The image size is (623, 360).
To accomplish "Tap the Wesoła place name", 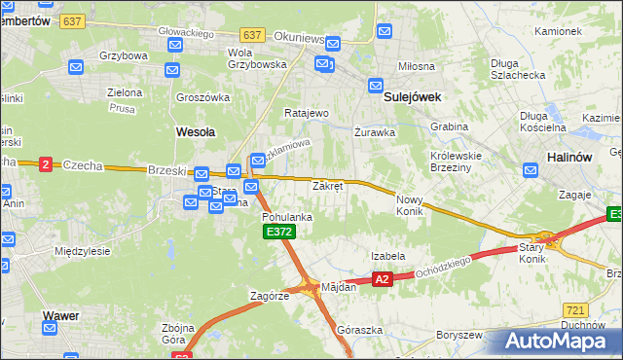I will pyautogui.click(x=195, y=130).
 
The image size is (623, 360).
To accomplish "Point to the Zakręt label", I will pyautogui.click(x=327, y=185).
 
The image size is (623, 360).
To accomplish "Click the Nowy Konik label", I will pyautogui.click(x=410, y=205).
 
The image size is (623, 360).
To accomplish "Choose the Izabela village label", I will pyautogui.click(x=387, y=256).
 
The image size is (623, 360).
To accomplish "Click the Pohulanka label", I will pyautogui.click(x=287, y=217).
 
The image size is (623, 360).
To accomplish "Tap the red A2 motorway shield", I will pyautogui.click(x=382, y=280).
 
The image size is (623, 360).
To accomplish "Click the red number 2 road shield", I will pyautogui.click(x=45, y=165).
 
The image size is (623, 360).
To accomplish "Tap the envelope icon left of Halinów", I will pyautogui.click(x=531, y=170).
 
